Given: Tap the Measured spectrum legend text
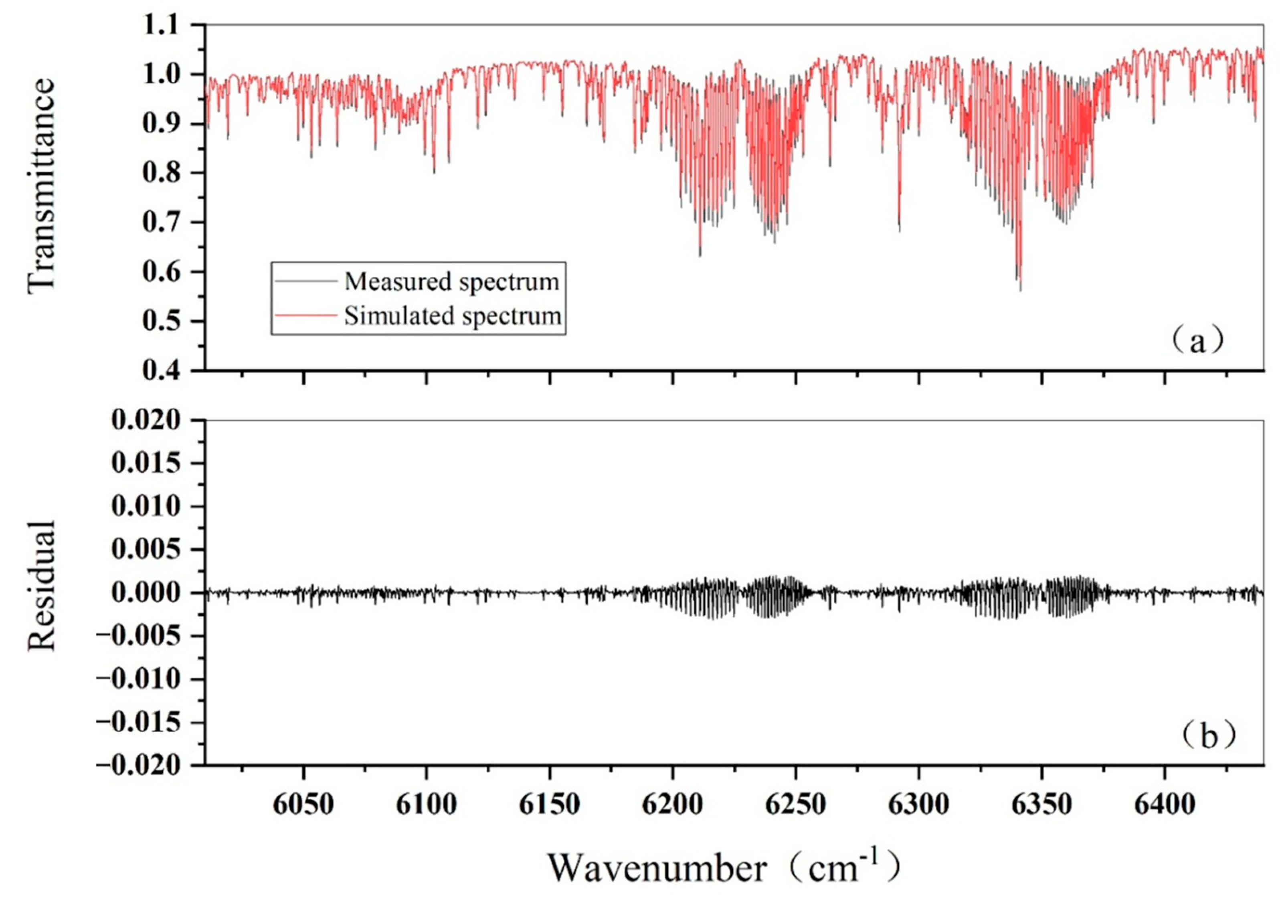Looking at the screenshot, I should click(x=451, y=281).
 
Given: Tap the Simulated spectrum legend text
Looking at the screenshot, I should click(x=453, y=316).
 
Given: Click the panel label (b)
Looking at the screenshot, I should click(x=1207, y=736).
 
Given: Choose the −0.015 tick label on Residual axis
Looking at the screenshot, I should click(x=140, y=722).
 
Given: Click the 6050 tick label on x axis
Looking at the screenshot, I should click(x=303, y=804).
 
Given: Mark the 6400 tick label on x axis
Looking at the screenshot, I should click(x=1164, y=804).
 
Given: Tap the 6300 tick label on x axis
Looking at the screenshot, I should click(x=918, y=804).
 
